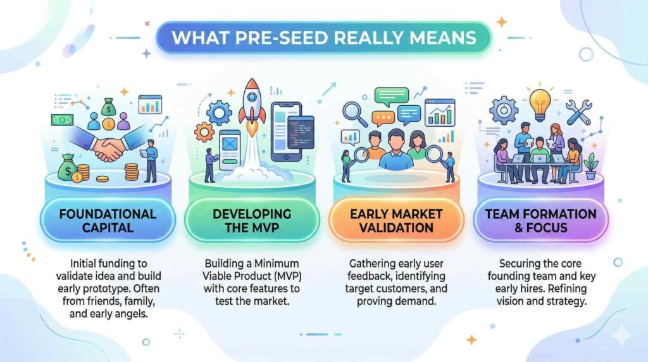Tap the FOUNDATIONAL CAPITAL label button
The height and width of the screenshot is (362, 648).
coord(108,221)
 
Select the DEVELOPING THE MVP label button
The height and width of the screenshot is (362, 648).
coord(252,221)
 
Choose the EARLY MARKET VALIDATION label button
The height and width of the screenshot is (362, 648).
coord(396,221)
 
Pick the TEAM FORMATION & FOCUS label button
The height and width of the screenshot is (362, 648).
coord(540,221)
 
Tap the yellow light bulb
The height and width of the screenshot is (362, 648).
coord(540,103)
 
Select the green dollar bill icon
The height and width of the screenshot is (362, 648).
coord(62,120)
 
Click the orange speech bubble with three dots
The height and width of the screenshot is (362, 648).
coord(383,119)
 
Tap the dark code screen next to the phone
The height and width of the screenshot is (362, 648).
coord(301,132)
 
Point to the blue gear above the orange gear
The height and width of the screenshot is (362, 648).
coord(219,113)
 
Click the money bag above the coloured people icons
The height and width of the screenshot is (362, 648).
coord(109,107)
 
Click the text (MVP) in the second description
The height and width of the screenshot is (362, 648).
coord(285,276)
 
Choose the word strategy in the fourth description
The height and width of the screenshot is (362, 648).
coord(566,301)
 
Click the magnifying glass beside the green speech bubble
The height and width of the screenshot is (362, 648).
coord(354,113)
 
